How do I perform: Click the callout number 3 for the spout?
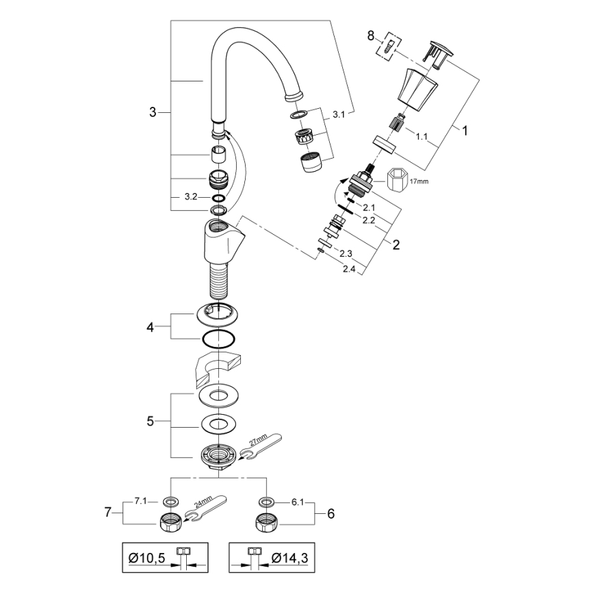pyautogui.click(x=153, y=112)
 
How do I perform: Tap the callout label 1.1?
pyautogui.click(x=423, y=135)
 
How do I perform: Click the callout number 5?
pyautogui.click(x=151, y=421)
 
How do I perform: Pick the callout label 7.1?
pyautogui.click(x=141, y=502)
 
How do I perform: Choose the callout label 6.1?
pyautogui.click(x=297, y=502)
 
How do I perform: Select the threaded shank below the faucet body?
pyautogui.click(x=218, y=280)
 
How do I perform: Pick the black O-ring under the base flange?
pyautogui.click(x=218, y=339)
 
